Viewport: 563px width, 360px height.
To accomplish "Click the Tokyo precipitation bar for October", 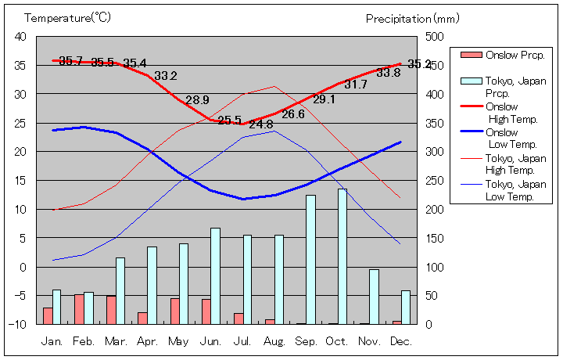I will (x=342, y=256).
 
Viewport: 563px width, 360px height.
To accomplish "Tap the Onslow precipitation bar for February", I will (x=79, y=309).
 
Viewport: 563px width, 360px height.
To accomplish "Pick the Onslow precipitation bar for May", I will (x=174, y=311).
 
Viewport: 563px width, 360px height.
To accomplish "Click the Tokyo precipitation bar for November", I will (x=375, y=297).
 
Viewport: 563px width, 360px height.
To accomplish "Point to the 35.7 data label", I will (x=70, y=61).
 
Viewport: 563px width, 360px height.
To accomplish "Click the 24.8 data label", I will (x=261, y=124).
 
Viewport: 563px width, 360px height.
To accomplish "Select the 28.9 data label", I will (x=197, y=100).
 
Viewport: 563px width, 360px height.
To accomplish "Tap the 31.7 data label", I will (x=356, y=85).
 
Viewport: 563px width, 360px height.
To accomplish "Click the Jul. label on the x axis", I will (x=243, y=341).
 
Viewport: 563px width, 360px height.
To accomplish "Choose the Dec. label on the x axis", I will (x=401, y=341).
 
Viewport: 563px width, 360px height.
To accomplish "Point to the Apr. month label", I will (x=147, y=341).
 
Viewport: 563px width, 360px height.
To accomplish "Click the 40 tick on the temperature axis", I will (x=20, y=37).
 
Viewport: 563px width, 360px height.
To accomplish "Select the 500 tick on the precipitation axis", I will (x=434, y=37).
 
